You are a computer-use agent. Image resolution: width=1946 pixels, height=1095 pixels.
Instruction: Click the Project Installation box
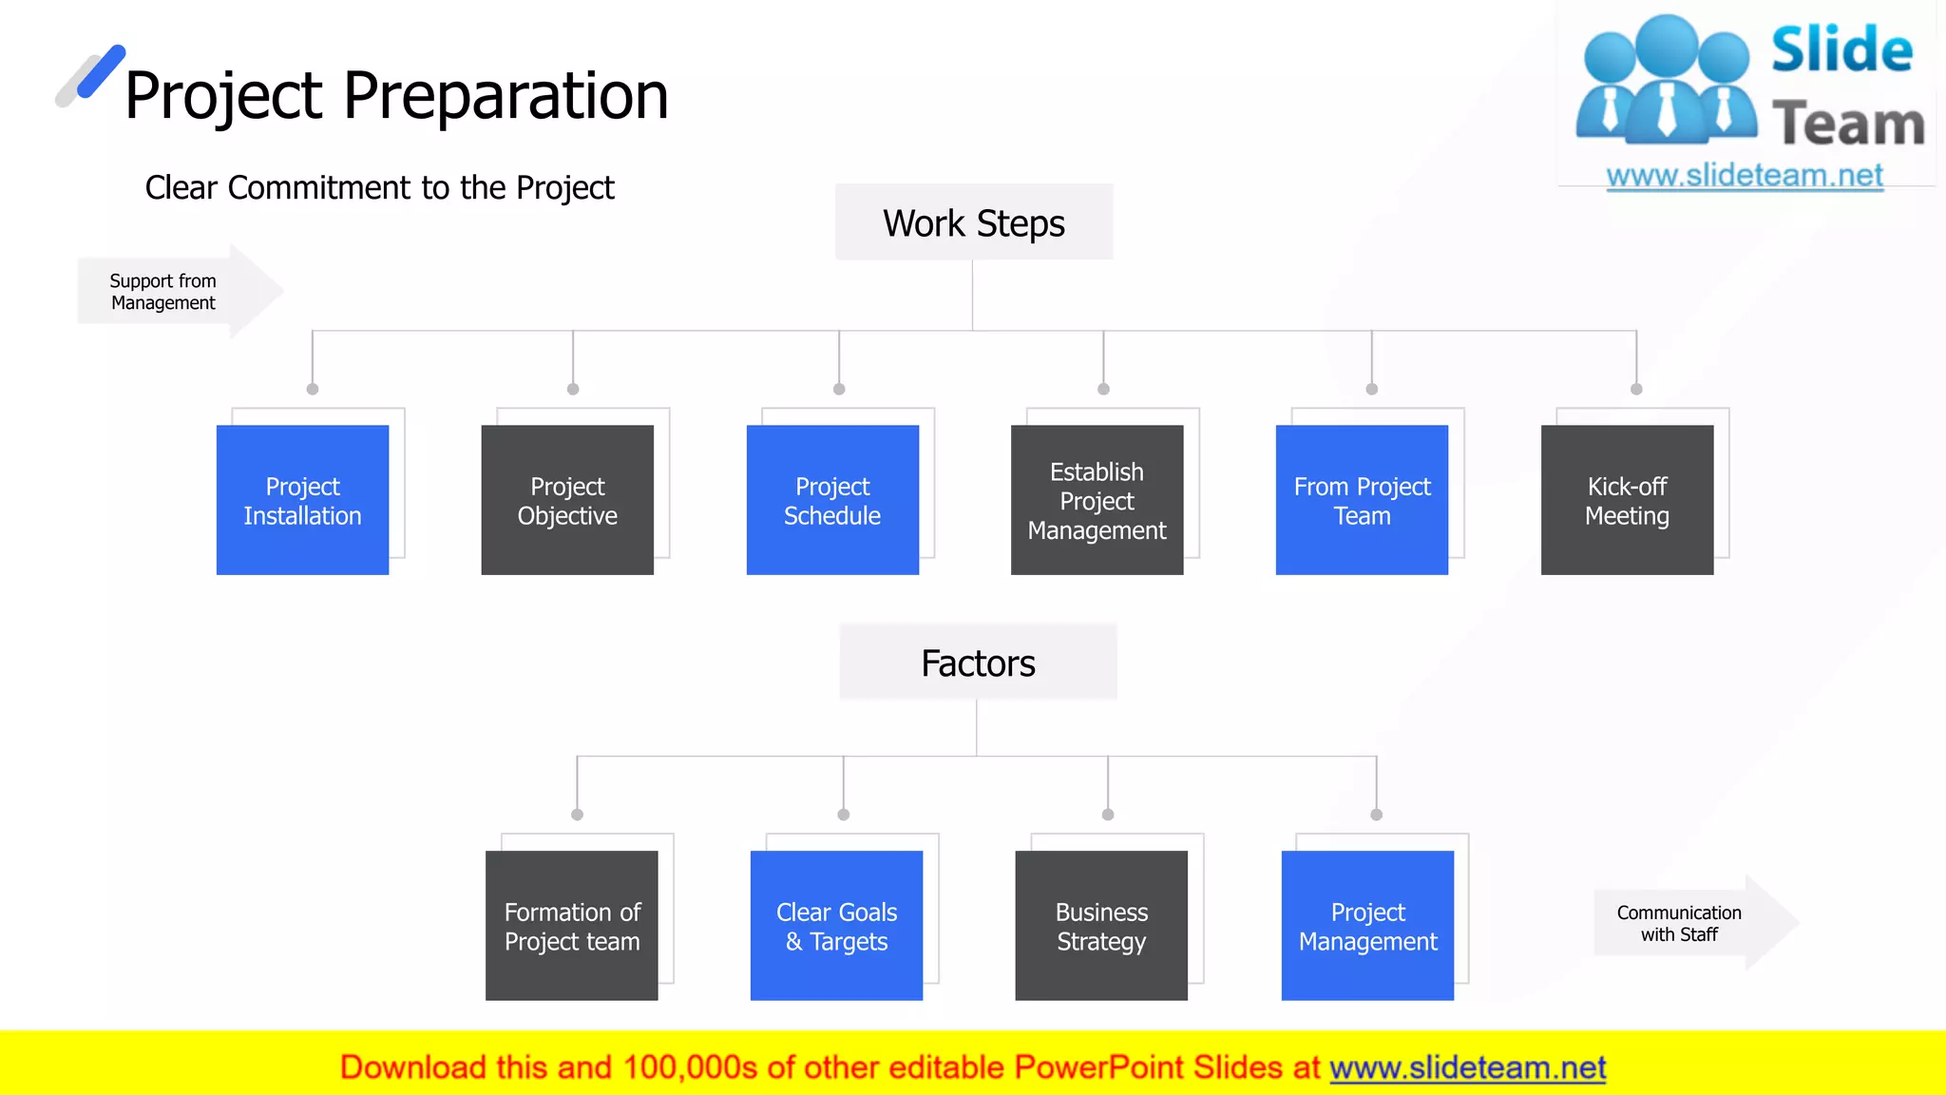tap(302, 500)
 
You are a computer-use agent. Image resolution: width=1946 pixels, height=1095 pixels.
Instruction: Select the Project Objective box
tap(567, 500)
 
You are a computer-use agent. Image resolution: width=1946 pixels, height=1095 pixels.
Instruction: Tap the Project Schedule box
tap(832, 500)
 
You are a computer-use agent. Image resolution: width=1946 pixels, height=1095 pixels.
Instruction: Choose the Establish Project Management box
tap(1097, 500)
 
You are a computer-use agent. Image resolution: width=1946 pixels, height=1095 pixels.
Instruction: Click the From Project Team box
tap(1362, 500)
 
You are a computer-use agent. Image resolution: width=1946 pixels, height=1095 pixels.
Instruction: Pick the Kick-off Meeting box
tap(1627, 500)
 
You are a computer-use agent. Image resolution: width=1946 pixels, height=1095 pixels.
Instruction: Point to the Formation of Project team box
tap(572, 926)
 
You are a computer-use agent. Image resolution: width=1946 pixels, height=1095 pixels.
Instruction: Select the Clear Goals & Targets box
tap(836, 926)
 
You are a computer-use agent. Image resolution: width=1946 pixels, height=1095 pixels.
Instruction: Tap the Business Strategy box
tap(1101, 926)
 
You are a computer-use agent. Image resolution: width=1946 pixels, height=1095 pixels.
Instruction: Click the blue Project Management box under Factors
tap(1367, 926)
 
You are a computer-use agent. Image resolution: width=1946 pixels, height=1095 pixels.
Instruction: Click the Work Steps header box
tap(974, 222)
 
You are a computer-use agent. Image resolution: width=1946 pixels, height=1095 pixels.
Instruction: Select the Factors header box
tap(978, 663)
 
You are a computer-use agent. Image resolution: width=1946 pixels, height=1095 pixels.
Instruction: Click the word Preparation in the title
tap(506, 96)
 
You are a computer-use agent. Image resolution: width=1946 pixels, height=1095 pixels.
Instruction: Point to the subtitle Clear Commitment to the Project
tap(379, 188)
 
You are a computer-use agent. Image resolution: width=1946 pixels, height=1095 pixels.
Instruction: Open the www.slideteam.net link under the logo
tap(1745, 176)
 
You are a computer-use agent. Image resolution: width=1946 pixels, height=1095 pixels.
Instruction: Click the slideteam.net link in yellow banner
tap(1467, 1067)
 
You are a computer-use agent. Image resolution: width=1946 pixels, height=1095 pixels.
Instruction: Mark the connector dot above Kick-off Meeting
tap(1636, 389)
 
